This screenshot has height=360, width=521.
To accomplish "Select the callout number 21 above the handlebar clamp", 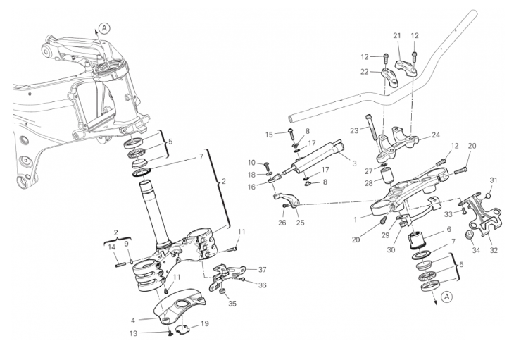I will (x=396, y=36).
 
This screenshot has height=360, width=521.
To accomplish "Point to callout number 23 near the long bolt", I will (x=353, y=130).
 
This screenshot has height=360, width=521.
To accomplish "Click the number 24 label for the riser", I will (x=435, y=134).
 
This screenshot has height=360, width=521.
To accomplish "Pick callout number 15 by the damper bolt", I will (x=268, y=133).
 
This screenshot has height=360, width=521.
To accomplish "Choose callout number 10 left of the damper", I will (x=252, y=163).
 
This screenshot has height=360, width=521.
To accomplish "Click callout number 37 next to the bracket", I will (x=262, y=269).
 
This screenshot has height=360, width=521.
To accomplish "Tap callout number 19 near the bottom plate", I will (x=205, y=323).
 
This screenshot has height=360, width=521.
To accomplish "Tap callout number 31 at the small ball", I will (x=493, y=180).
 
